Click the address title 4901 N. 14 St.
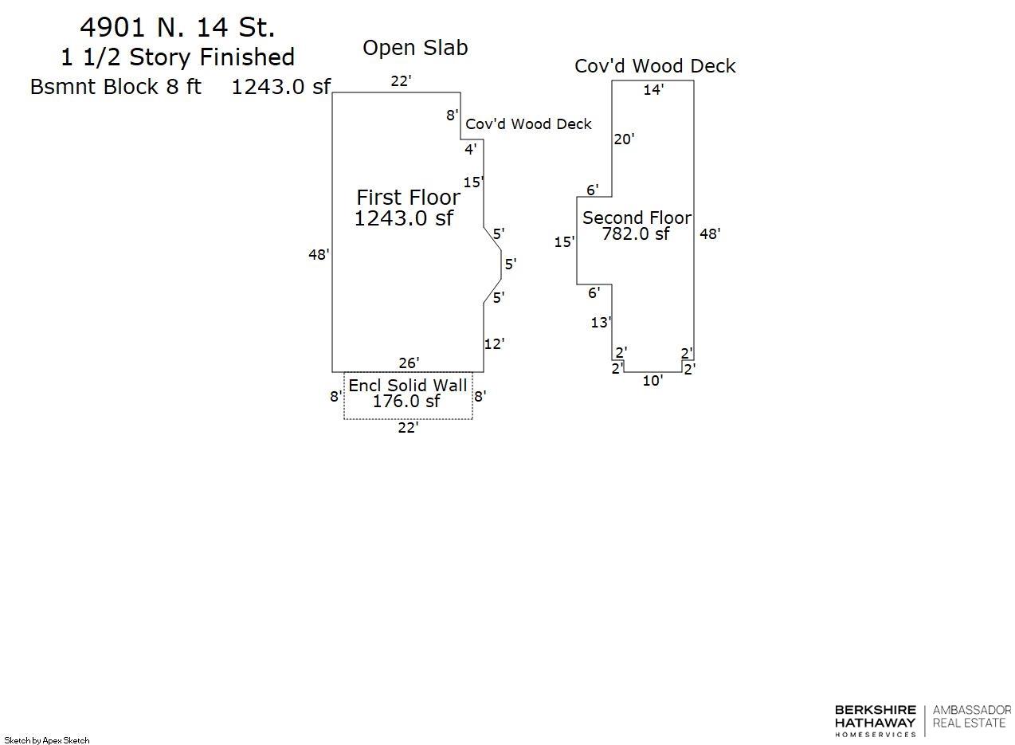[x=177, y=28]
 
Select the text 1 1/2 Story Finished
[x=178, y=57]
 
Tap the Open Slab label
[x=415, y=48]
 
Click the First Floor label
[x=408, y=198]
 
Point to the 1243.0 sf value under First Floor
[x=403, y=218]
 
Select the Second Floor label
[x=637, y=218]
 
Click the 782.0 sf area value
[x=635, y=234]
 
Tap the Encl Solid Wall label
[x=408, y=386]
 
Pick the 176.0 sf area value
[x=406, y=402]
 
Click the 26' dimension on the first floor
[x=409, y=363]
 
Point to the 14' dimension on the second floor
[x=653, y=90]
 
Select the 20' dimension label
[x=624, y=139]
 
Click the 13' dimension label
[x=601, y=323]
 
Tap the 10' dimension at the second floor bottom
[x=652, y=381]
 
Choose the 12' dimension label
[x=494, y=344]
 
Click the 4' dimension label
[x=471, y=149]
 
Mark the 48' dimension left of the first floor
[x=319, y=255]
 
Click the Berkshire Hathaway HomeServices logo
[x=875, y=720]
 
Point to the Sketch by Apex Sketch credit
[x=47, y=740]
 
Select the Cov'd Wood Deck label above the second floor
[x=655, y=66]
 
